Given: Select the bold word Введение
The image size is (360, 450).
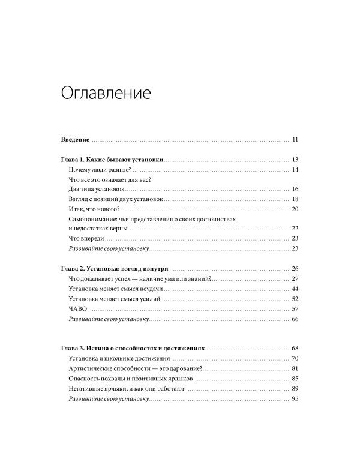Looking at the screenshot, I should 76,140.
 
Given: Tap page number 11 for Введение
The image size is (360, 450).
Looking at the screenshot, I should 295,140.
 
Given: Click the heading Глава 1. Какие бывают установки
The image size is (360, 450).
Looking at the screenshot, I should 113,160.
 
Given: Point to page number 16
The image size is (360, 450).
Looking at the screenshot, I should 295,190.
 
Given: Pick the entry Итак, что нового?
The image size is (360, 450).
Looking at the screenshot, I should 95,209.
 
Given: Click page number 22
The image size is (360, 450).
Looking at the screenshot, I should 295,229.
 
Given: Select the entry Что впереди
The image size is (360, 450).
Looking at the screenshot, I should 88,238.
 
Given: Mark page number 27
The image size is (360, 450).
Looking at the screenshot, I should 295,279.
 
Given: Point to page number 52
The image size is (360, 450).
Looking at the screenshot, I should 295,299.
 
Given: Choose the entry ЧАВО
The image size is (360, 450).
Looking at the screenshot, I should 79,308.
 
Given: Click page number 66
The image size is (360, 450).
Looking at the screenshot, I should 295,319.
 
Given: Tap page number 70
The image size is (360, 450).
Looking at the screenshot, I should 295,358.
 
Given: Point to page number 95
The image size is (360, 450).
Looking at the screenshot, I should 295,399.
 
